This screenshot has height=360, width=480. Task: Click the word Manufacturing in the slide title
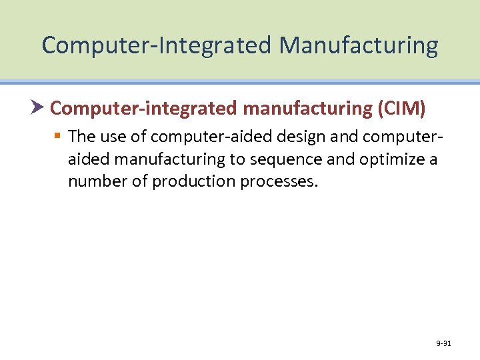(359, 46)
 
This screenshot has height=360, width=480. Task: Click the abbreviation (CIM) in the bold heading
(402, 107)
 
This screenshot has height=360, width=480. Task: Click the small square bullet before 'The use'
(58, 136)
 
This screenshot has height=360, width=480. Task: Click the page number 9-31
(443, 344)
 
